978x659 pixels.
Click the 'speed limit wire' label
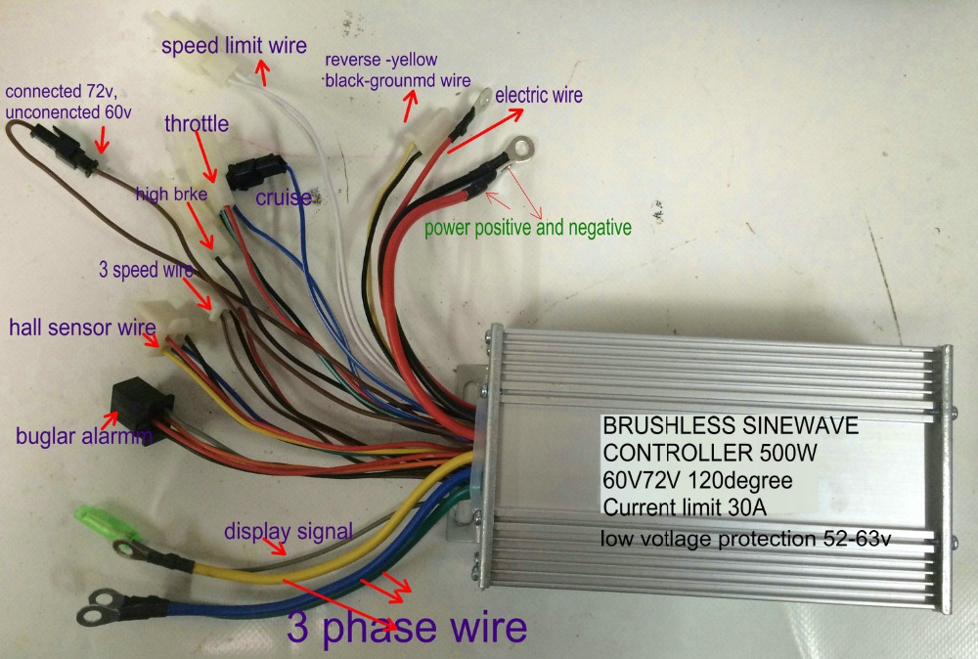[234, 46]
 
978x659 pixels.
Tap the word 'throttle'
[197, 124]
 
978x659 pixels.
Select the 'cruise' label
[284, 198]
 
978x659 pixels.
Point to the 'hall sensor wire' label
[83, 326]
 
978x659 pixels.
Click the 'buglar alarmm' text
[84, 436]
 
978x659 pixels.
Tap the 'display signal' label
[288, 532]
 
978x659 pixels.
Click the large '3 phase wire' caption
[407, 627]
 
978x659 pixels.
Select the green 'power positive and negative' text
[527, 228]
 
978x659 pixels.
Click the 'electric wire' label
[539, 96]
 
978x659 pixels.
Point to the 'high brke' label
[170, 195]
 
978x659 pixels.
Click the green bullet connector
[96, 514]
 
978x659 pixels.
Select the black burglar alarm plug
[139, 400]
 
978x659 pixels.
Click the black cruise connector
[251, 175]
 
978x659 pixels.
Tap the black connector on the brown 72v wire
[65, 146]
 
